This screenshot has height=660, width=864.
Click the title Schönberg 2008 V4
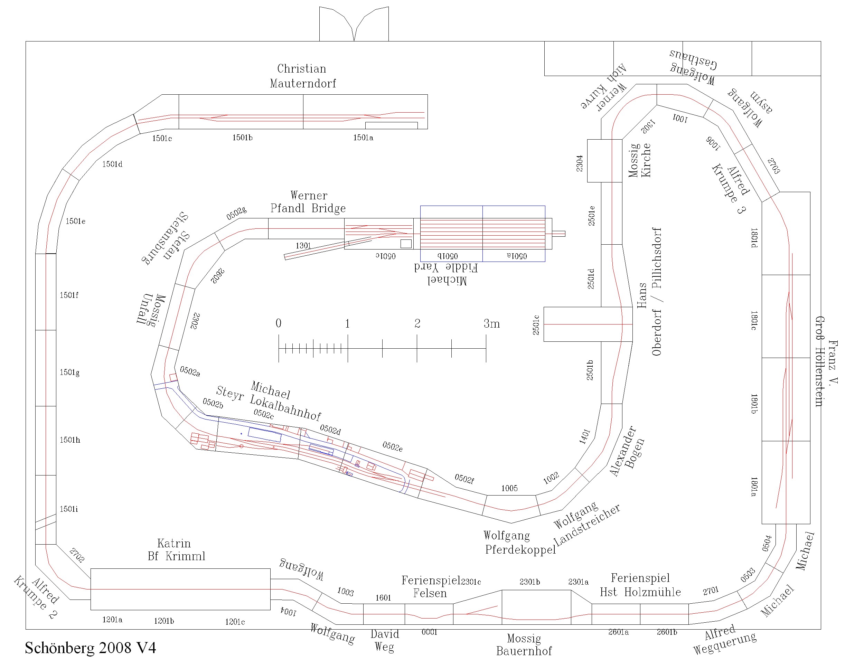click(90, 648)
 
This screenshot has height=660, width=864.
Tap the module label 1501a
click(363, 138)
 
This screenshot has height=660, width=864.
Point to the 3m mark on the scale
click(491, 324)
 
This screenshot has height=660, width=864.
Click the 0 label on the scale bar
click(278, 323)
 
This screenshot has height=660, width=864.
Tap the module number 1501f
click(69, 295)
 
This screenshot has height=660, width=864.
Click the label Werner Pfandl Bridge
click(308, 202)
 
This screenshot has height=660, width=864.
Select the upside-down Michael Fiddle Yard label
click(447, 274)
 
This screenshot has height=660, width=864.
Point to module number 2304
click(580, 163)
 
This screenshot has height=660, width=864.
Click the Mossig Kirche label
click(639, 160)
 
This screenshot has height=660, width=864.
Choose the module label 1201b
click(164, 621)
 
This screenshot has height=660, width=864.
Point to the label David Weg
click(384, 640)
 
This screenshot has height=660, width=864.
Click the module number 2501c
click(536, 324)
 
